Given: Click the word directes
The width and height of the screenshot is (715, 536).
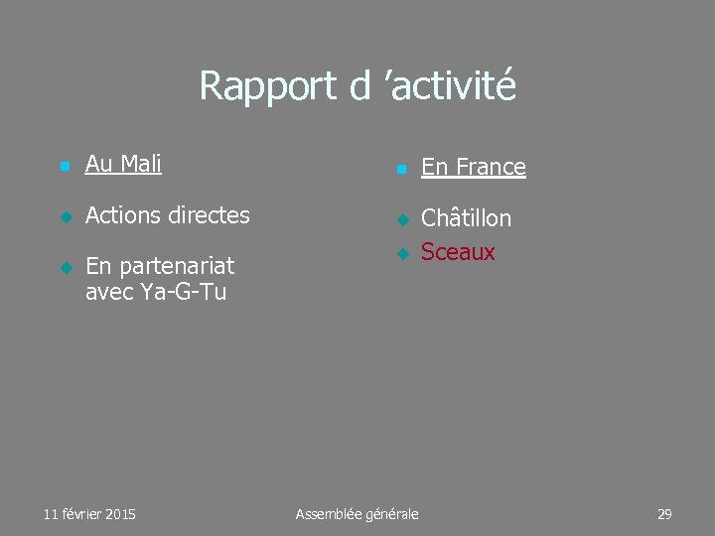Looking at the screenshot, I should click(x=212, y=214).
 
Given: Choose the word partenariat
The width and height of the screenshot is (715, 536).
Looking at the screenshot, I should click(x=175, y=266).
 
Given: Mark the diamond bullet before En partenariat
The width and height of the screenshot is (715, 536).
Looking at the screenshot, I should click(x=65, y=268).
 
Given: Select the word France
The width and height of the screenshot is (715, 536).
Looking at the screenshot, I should click(x=489, y=167).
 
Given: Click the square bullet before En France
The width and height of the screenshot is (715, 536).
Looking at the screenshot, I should click(x=401, y=170).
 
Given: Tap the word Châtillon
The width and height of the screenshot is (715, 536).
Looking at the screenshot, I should click(x=467, y=218).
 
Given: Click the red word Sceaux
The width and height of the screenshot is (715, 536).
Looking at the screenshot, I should click(x=458, y=252).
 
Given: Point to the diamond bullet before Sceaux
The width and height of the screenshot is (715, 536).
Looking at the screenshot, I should click(x=401, y=255).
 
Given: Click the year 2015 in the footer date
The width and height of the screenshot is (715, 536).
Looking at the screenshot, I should click(x=119, y=513).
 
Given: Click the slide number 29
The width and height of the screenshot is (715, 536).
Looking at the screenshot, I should click(x=664, y=513).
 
